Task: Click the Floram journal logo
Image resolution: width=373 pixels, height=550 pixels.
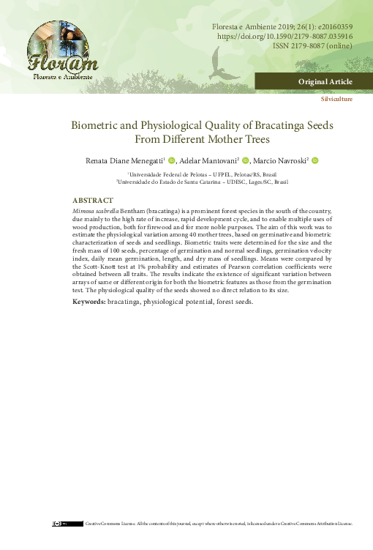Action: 60,51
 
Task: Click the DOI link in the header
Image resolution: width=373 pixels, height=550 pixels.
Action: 285,35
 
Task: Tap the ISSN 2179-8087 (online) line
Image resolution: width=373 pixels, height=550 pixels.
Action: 312,45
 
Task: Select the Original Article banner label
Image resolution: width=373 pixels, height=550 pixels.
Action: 325,81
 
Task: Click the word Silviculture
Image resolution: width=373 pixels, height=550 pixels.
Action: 336,98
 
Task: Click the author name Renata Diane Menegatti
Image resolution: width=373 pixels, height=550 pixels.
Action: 126,160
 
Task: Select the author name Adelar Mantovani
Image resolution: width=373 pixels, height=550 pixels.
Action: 209,160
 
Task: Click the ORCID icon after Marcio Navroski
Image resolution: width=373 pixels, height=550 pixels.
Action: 315,160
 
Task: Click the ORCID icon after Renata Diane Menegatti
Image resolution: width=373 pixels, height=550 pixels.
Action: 173,160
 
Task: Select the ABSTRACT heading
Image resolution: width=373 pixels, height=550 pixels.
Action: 93,200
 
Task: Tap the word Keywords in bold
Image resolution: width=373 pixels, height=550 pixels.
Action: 88,301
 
